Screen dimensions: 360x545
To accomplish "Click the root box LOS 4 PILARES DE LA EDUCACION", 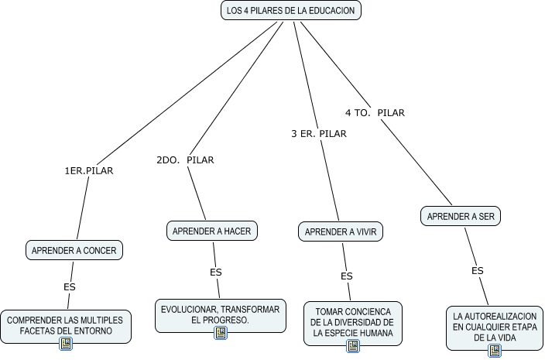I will click(x=290, y=11).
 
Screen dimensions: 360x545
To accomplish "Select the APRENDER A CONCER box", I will click(x=74, y=250).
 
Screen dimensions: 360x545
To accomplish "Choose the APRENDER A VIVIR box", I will click(x=341, y=231).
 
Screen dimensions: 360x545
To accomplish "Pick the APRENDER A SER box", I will click(x=461, y=216).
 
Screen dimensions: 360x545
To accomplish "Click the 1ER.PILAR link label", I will click(x=89, y=171).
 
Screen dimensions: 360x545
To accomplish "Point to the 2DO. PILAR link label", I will click(x=185, y=160).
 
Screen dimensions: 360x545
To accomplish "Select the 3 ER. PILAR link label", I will click(x=318, y=134).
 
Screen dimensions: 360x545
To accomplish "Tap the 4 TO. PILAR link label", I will click(x=375, y=113).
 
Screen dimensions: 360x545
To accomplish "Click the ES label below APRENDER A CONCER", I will click(x=70, y=287).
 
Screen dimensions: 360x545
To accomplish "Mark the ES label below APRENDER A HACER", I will click(x=216, y=272).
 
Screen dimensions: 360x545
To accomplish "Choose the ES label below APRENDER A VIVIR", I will click(x=347, y=276).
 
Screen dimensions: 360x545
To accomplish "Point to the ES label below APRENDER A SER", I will click(x=478, y=271).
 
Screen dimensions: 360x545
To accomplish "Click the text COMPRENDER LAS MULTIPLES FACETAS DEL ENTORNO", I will click(x=65, y=325).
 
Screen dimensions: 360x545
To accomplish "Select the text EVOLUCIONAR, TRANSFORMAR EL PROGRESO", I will click(x=221, y=314).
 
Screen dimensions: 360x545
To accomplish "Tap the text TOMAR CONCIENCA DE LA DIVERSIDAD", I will click(x=353, y=322).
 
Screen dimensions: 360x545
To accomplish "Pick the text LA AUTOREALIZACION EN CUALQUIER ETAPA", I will click(x=495, y=327).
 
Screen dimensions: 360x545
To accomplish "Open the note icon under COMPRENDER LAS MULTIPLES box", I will click(x=66, y=344).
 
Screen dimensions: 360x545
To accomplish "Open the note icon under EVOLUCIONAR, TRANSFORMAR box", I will click(x=221, y=333).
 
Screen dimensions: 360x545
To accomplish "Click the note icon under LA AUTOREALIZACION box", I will click(x=495, y=351).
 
